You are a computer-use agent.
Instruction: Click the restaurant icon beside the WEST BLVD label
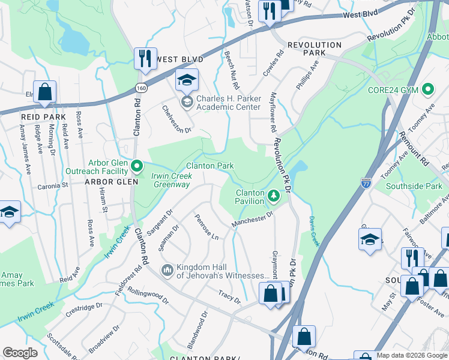click(x=145, y=59)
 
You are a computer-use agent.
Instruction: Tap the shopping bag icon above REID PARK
click(x=44, y=92)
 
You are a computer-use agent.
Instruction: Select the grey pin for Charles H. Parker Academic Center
click(x=187, y=101)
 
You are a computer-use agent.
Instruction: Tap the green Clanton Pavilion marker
click(x=273, y=196)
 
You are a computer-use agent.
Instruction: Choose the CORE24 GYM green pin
click(x=427, y=90)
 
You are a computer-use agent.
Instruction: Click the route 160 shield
click(x=140, y=88)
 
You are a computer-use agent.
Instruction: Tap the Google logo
click(x=20, y=353)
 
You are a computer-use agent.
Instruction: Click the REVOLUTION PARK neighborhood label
click(x=314, y=49)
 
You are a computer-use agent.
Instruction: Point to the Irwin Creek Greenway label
click(x=170, y=180)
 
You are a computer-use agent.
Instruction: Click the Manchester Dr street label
click(x=253, y=219)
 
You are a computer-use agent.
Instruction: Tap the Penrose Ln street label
click(x=206, y=227)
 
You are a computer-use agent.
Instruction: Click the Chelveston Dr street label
click(x=176, y=119)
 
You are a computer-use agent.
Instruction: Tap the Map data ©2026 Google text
click(x=412, y=355)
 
